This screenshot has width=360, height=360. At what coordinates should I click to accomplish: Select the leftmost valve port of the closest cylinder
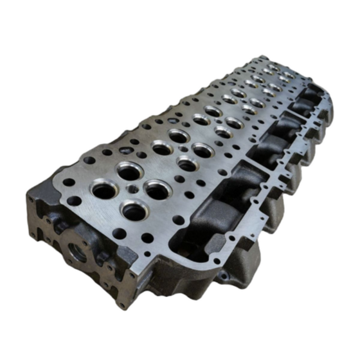pos(104,189)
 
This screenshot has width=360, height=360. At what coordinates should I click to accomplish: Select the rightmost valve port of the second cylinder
pos(203,150)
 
